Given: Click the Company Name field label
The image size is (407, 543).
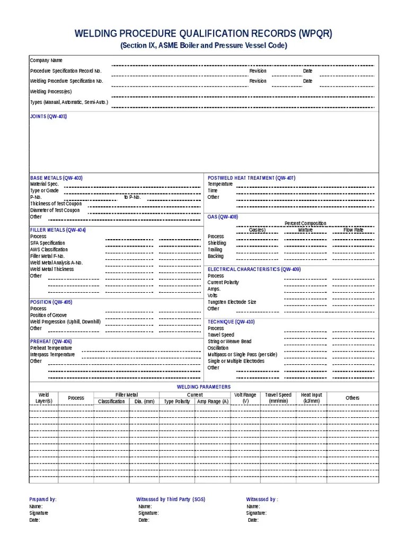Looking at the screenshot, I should [x=46, y=60].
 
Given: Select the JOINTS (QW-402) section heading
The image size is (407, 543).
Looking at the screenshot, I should [x=48, y=116].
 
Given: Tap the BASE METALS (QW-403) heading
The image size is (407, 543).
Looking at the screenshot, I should [x=56, y=178].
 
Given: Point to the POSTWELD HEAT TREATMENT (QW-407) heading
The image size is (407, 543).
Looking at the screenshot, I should [x=251, y=178].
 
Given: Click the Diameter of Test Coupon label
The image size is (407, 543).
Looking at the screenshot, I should [x=55, y=210].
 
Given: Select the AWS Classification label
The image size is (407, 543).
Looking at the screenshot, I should [x=49, y=249].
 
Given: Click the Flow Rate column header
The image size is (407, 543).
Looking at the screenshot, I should [x=353, y=230].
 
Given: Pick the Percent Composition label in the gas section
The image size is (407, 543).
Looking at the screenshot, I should [x=305, y=223].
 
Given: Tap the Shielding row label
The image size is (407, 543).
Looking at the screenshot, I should [x=217, y=243].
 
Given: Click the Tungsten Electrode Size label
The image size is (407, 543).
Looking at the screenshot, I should [x=232, y=302].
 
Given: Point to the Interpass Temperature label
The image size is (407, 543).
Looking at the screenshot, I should [x=52, y=354].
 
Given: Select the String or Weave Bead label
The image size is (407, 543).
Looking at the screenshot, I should [x=229, y=341].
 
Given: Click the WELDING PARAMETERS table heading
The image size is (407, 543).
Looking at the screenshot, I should [x=203, y=387].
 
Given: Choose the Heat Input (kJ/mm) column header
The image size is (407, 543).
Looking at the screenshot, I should [x=311, y=398].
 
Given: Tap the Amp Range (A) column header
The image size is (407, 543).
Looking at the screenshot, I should [x=213, y=401].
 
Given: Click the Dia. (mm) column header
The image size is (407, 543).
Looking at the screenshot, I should [x=144, y=401].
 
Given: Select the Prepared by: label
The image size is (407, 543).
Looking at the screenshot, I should [x=43, y=500].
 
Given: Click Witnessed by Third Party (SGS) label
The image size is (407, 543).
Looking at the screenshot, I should [x=171, y=500].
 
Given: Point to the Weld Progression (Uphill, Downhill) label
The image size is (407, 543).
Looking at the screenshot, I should [x=65, y=321].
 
